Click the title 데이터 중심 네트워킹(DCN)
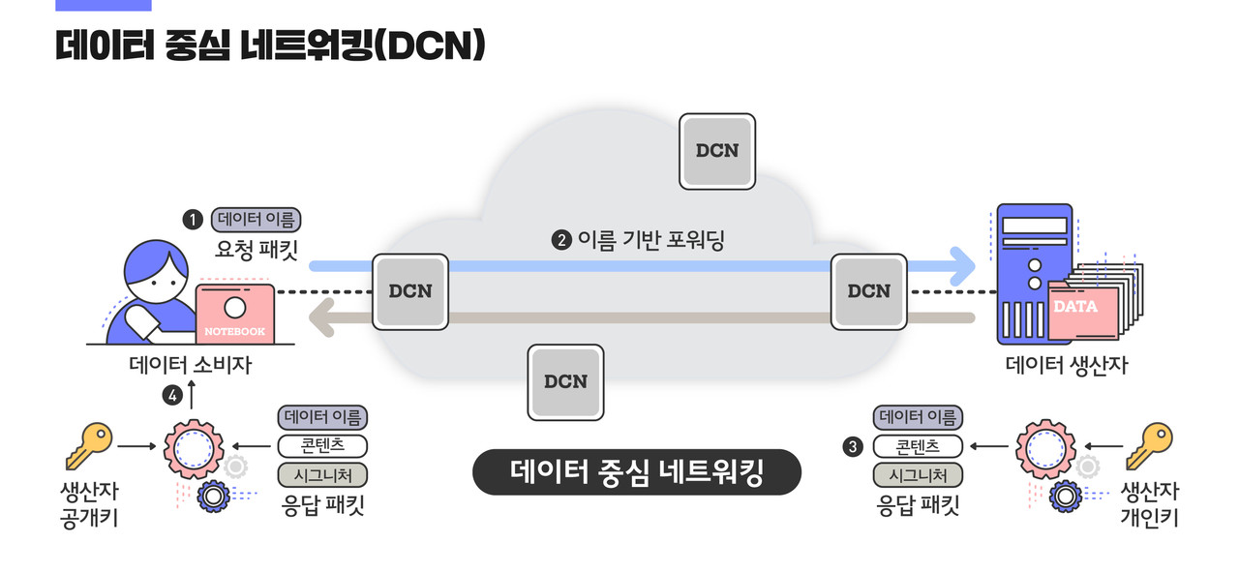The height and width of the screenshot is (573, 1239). [x=270, y=45]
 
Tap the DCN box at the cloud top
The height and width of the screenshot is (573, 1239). [x=717, y=151]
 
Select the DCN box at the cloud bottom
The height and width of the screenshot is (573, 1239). [x=565, y=381]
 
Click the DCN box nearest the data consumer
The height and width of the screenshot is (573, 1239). [x=410, y=291]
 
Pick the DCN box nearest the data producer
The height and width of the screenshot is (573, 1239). [x=868, y=291]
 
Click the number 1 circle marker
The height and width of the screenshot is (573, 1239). [x=193, y=220]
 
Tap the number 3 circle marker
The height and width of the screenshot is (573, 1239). [x=852, y=446]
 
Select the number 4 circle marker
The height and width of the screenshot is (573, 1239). [x=172, y=395]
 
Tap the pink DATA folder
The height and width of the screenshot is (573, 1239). [x=1082, y=310]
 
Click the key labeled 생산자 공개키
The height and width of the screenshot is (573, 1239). [x=88, y=446]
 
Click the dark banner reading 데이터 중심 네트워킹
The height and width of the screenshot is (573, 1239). [x=637, y=472]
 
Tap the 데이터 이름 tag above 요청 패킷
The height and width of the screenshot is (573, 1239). [x=256, y=219]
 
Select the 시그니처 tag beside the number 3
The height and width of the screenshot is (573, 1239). [x=918, y=475]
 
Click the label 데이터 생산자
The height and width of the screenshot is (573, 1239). [x=1066, y=366]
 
